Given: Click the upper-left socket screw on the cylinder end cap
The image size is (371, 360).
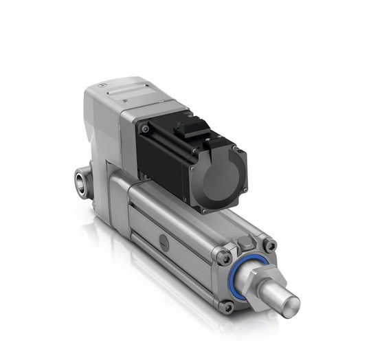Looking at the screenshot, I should coord(224,258).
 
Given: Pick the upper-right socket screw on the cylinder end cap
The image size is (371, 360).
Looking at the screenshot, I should coord(270,245).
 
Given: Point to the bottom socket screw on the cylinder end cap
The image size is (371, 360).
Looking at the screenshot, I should coord(227,306).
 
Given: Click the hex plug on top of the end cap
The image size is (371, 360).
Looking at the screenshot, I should coord(245,243).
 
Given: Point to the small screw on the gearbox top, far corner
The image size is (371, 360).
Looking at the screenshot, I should coord(102,85).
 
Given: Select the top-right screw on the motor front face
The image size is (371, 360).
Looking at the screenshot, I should coord(234,147).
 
